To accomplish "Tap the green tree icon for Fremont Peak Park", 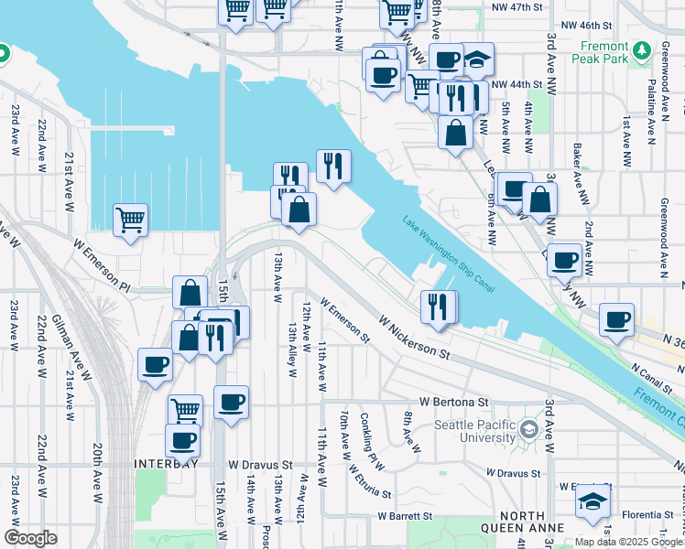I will click(644, 48).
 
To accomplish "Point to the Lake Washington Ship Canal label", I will click(449, 254).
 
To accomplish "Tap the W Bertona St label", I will click(455, 401).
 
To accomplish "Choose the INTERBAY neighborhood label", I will click(165, 463).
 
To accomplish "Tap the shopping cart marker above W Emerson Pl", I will click(130, 220).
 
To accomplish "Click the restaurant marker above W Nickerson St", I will click(440, 307).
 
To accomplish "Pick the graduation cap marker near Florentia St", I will click(593, 501).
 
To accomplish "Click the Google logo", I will click(30, 538).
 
